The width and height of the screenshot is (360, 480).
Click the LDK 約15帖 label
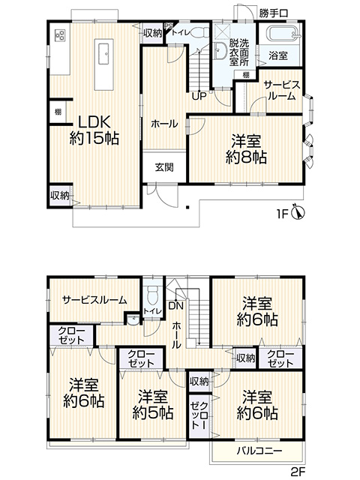click(94, 130)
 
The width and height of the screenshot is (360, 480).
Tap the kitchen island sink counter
click(104, 64)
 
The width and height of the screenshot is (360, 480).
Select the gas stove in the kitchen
click(60, 35)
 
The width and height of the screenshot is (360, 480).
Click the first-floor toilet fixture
click(202, 33)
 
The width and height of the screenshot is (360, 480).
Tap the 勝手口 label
click(273, 13)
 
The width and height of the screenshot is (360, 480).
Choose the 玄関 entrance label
click(164, 167)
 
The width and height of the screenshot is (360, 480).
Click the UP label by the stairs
click(199, 96)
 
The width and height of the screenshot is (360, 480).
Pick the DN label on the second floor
click(175, 305)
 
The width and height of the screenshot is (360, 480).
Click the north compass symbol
click(299, 211)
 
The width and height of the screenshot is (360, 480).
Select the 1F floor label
click(283, 214)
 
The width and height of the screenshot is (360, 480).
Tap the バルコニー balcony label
click(259, 451)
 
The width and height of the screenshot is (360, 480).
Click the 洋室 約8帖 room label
click(246, 149)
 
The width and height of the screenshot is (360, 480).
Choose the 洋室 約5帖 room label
click(153, 404)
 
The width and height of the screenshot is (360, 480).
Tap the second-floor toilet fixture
click(152, 295)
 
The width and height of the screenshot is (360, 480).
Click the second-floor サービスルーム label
click(94, 300)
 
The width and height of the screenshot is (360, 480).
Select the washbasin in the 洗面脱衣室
click(221, 50)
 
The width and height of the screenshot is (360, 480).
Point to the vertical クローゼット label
click(199, 415)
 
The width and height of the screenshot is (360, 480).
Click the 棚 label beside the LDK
click(58, 112)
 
